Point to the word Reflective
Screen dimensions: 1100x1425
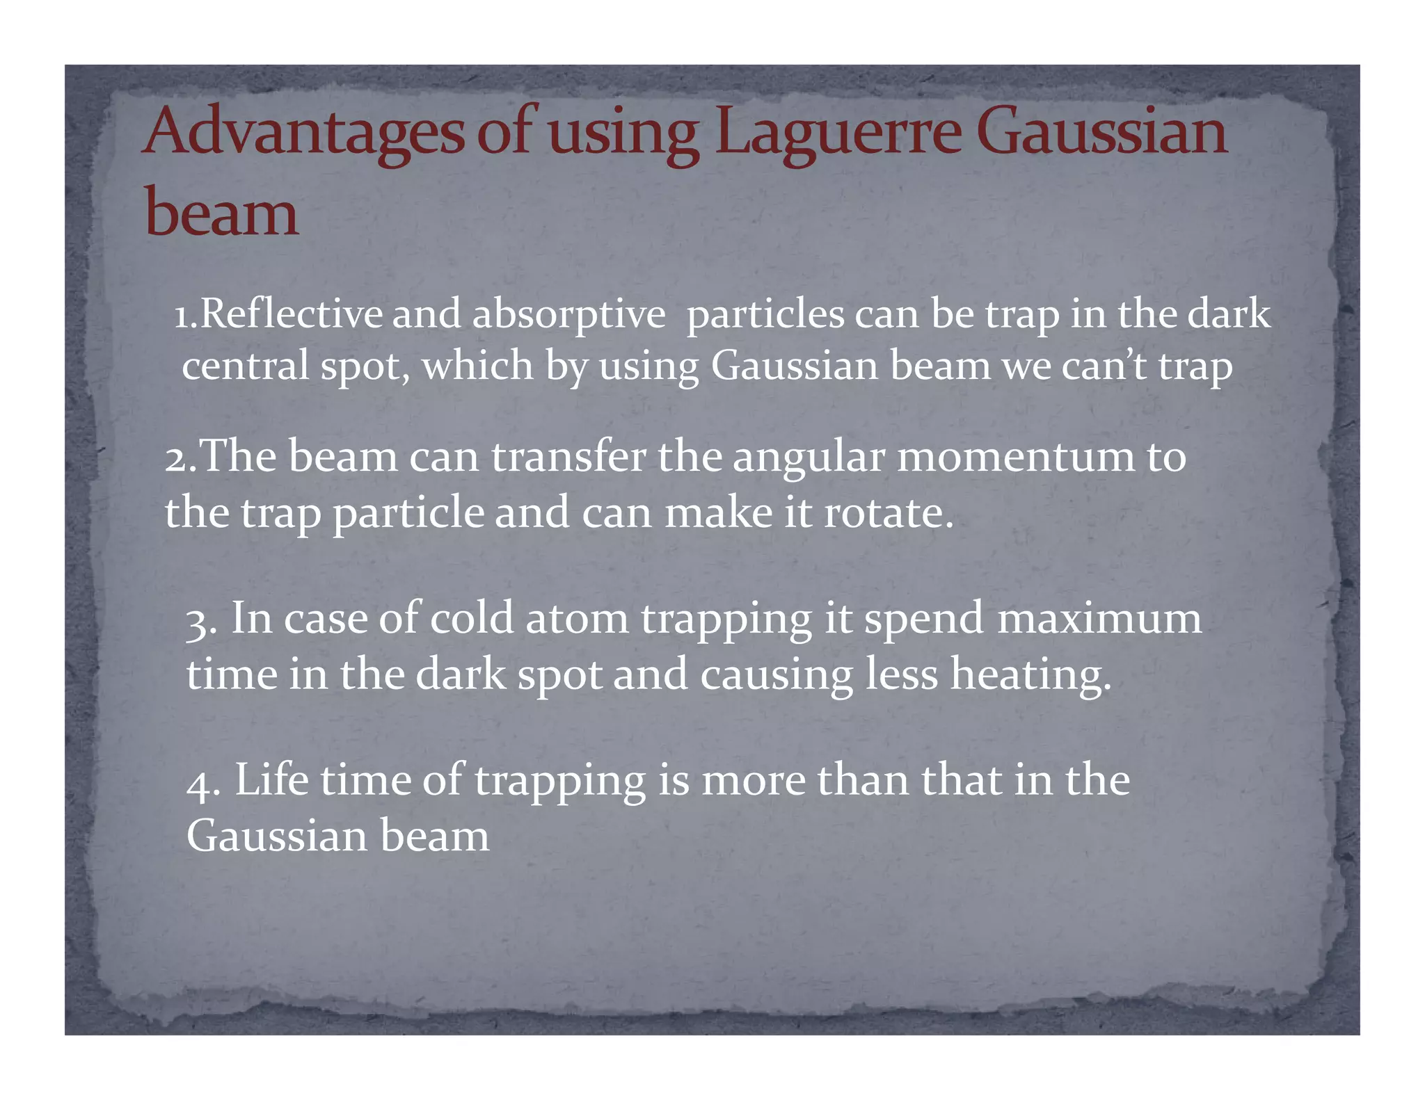click(291, 314)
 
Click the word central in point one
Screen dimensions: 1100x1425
click(245, 366)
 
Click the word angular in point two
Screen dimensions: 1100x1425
click(809, 458)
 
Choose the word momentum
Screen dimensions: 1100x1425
click(1015, 458)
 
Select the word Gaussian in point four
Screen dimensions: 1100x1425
click(276, 836)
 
